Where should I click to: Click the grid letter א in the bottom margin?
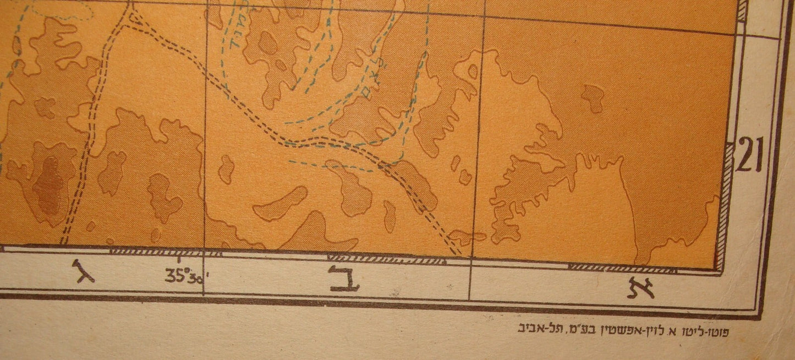pyautogui.click(x=641, y=287)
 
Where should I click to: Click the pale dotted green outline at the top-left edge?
pyautogui.click(x=61, y=11)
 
